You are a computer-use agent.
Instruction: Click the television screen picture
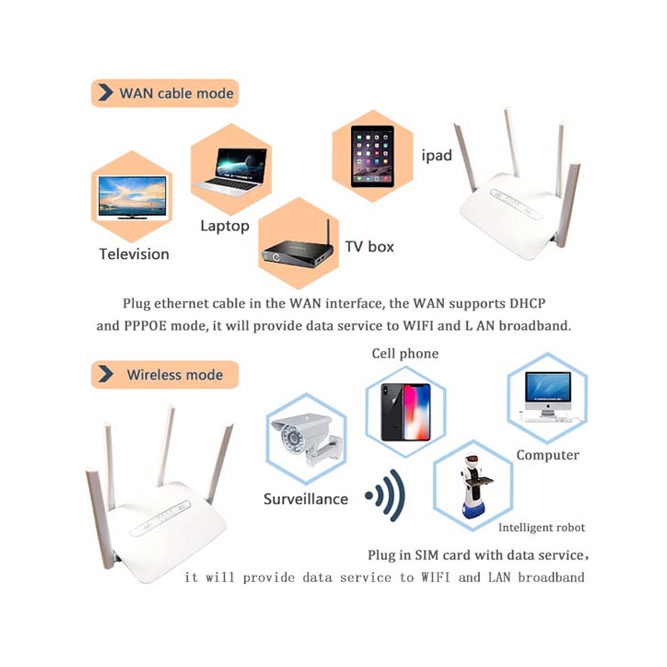click(x=132, y=197)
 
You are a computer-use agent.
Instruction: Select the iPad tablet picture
click(x=372, y=156)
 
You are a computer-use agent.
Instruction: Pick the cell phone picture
click(x=406, y=412)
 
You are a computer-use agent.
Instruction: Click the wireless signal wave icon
click(x=385, y=495)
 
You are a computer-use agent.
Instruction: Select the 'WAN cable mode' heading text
click(x=177, y=93)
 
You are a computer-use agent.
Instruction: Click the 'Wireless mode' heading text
click(x=175, y=375)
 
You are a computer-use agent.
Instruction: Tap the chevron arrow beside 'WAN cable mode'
click(x=105, y=92)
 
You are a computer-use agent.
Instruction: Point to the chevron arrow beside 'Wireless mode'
click(x=105, y=374)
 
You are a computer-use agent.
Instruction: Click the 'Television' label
click(x=134, y=254)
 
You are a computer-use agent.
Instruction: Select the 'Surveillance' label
click(x=306, y=498)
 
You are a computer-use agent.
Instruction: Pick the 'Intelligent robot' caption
click(x=542, y=528)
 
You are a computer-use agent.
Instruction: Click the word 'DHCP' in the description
click(x=528, y=303)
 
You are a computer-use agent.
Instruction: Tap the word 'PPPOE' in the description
click(x=145, y=326)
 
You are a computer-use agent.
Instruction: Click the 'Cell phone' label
click(x=405, y=354)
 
